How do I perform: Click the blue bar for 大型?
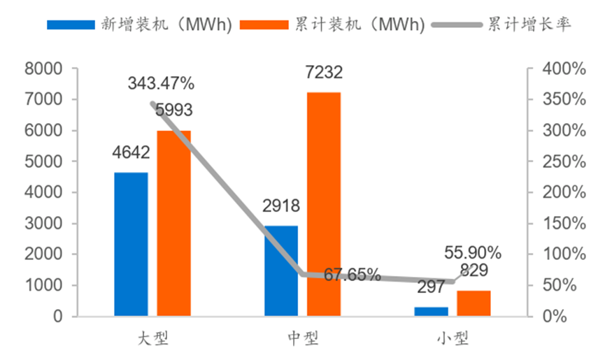tap(131, 244)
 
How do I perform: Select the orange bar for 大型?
tap(173, 224)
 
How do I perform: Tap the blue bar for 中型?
tap(281, 271)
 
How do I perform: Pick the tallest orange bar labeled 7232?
tap(324, 204)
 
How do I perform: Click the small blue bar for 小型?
tap(432, 312)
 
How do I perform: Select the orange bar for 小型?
tap(474, 303)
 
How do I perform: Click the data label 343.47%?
tap(161, 84)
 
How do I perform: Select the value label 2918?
tap(281, 206)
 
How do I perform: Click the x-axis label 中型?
tap(302, 340)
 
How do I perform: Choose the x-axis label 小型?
tap(453, 340)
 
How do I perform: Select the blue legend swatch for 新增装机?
tap(69, 24)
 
